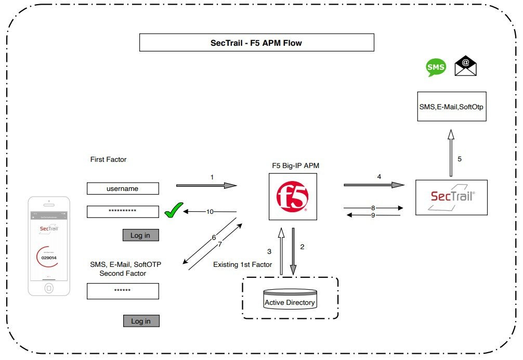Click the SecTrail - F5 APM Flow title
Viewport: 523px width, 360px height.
click(x=256, y=43)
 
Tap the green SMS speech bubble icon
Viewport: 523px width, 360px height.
click(x=436, y=67)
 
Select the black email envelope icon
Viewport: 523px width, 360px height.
click(x=465, y=66)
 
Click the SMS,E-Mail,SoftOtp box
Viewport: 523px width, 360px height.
click(x=452, y=107)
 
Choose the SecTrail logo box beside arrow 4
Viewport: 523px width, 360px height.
click(x=452, y=197)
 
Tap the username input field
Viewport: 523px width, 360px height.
click(x=123, y=189)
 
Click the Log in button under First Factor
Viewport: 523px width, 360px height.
click(x=140, y=235)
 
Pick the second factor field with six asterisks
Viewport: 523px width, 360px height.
click(x=123, y=290)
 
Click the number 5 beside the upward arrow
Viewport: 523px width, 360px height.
click(x=460, y=159)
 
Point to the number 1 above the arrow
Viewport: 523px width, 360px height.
click(x=212, y=177)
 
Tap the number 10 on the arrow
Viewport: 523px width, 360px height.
click(x=210, y=212)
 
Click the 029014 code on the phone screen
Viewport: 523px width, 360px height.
click(x=49, y=258)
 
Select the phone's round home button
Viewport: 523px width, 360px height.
click(x=49, y=287)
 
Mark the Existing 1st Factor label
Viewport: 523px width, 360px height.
click(x=242, y=265)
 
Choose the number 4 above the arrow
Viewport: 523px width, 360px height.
click(x=379, y=177)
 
